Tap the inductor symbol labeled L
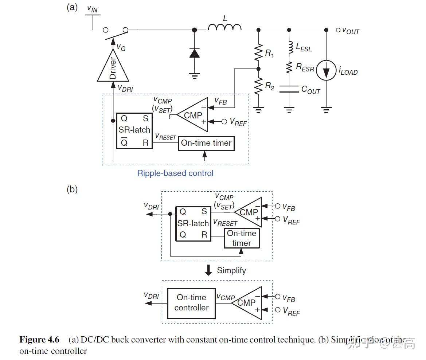tap(224, 28)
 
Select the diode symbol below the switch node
tap(195, 53)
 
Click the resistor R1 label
tap(269, 54)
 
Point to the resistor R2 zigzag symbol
tap(258, 86)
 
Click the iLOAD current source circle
tap(325, 70)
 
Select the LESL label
tap(304, 47)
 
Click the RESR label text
tap(305, 67)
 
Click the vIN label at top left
tap(93, 9)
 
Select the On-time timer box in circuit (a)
tap(206, 143)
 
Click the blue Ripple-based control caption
tap(175, 173)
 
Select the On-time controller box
tap(191, 302)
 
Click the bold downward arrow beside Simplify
tap(208, 270)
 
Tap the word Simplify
tap(231, 270)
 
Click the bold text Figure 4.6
tap(39, 340)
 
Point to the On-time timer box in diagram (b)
tap(242, 238)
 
